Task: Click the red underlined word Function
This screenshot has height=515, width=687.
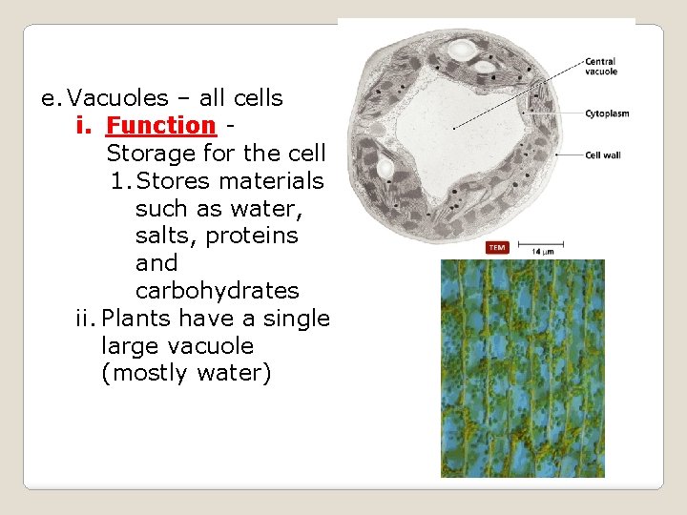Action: pyautogui.click(x=160, y=125)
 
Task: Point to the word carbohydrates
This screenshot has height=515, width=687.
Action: pyautogui.click(x=217, y=290)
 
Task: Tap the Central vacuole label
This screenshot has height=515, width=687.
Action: pyautogui.click(x=600, y=67)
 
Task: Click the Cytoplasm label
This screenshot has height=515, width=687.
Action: pyautogui.click(x=607, y=113)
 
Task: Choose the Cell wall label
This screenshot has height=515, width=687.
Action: pyautogui.click(x=602, y=154)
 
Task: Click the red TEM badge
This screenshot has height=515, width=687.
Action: pyautogui.click(x=497, y=248)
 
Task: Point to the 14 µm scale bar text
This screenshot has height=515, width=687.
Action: pyautogui.click(x=542, y=252)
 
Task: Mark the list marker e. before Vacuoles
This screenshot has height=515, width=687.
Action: pyautogui.click(x=51, y=97)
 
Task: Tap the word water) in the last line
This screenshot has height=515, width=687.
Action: pyautogui.click(x=234, y=373)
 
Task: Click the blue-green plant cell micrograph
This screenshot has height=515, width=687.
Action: pyautogui.click(x=522, y=368)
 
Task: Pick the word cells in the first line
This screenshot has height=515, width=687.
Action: pyautogui.click(x=256, y=97)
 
